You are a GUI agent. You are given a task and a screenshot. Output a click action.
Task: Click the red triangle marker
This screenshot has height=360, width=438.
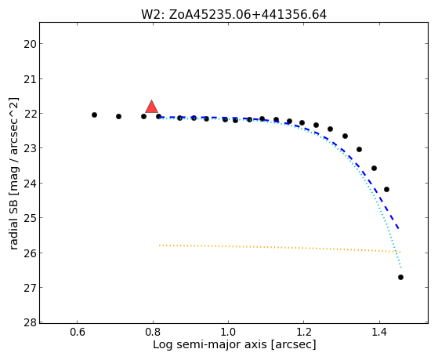pos(152,107)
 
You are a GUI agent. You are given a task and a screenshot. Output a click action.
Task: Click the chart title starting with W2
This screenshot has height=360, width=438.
pos(233,15)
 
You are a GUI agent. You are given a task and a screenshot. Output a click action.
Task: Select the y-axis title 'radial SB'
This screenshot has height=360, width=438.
pos(13,173)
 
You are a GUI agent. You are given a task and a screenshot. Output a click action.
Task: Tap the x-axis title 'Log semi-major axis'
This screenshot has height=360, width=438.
pos(234,344)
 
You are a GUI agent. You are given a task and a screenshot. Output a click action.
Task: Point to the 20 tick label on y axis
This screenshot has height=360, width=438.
pos(30,44)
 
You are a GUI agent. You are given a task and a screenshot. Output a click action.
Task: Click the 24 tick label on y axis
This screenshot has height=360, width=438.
pos(30,184)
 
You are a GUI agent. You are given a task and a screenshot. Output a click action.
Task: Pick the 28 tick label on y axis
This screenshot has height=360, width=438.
pos(30,322)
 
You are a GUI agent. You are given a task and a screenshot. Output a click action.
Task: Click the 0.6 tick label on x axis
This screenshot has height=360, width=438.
pos(78,333)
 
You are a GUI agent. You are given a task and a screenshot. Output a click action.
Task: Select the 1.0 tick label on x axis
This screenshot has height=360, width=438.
pos(228,333)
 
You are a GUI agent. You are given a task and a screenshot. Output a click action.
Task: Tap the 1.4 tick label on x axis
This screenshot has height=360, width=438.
pos(379,333)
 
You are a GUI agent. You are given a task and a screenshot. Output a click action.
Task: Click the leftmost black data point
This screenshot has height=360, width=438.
pos(94,115)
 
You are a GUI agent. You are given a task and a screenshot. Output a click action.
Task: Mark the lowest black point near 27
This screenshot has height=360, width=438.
pos(400,277)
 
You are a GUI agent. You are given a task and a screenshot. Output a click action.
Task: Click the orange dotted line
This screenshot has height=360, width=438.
pos(280,248)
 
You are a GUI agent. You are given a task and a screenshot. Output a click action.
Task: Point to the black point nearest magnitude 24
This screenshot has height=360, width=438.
pos(386,189)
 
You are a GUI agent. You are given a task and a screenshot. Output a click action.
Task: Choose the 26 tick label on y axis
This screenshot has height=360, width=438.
pos(30,253)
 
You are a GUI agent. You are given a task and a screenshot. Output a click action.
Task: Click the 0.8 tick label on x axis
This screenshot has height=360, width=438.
pos(153,333)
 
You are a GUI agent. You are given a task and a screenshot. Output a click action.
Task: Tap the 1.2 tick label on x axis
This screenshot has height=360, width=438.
pos(304,333)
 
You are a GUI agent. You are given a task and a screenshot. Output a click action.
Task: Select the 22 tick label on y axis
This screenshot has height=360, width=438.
pos(30,114)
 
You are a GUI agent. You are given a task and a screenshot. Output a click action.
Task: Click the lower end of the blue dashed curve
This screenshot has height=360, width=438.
pos(399,229)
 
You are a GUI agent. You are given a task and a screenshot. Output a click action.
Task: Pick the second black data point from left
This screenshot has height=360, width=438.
pos(119,116)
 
